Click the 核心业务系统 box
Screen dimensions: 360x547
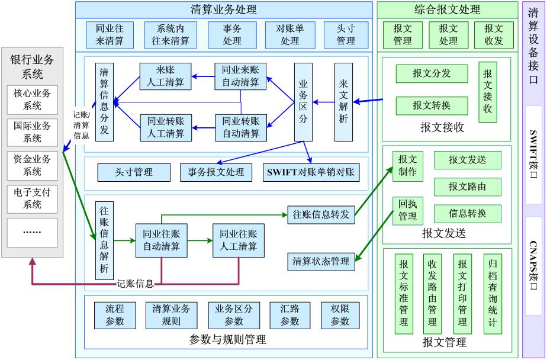click(x=33, y=99)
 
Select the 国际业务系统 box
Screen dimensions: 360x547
click(x=33, y=132)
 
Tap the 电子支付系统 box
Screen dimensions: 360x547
click(x=33, y=198)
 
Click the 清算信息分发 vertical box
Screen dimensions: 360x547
click(x=104, y=101)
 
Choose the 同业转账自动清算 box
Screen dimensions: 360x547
click(x=240, y=127)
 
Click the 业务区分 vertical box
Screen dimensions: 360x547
click(x=303, y=102)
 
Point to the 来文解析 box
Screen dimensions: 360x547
click(x=343, y=102)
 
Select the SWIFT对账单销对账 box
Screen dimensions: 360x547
click(x=310, y=172)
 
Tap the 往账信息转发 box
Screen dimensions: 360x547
click(x=321, y=214)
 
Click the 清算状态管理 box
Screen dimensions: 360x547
click(x=321, y=261)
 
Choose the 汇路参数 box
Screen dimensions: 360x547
click(x=289, y=315)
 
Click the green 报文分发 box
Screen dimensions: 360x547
click(x=432, y=73)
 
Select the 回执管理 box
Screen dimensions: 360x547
click(x=407, y=211)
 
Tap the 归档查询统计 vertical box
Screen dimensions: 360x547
click(x=493, y=294)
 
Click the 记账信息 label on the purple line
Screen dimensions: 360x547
click(x=135, y=283)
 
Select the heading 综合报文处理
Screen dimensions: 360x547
click(x=447, y=9)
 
